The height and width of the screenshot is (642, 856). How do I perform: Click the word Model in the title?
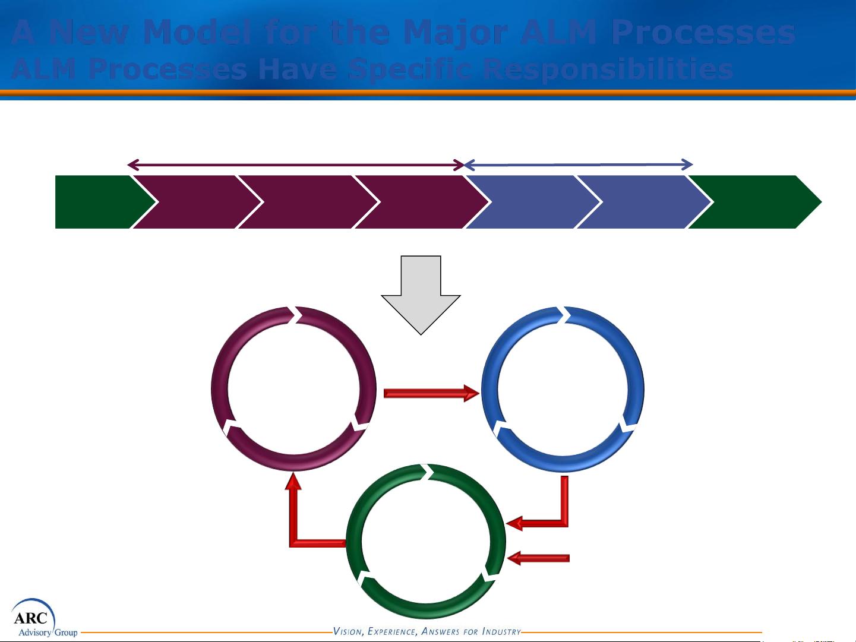[x=197, y=32]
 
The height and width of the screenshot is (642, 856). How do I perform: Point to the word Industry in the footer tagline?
[x=501, y=631]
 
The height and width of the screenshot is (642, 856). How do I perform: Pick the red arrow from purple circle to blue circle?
[x=431, y=393]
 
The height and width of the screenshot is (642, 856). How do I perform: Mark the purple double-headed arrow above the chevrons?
[x=296, y=165]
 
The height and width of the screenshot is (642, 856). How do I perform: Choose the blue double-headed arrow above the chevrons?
[x=578, y=165]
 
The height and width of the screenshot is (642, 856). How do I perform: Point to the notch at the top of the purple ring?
[x=295, y=315]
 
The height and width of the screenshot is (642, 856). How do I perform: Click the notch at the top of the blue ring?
[x=564, y=315]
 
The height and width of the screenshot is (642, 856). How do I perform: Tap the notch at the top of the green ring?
[x=427, y=472]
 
